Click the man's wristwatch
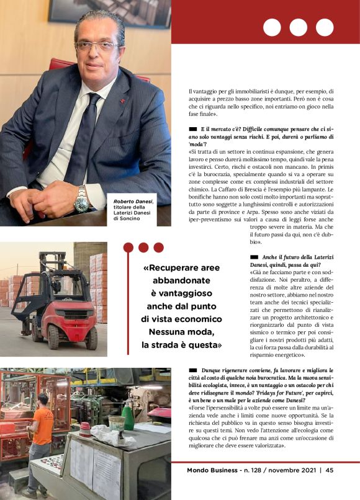81,199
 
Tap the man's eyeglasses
96,45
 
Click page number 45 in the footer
330,470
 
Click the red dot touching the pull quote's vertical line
128,248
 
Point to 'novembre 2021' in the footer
289,470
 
